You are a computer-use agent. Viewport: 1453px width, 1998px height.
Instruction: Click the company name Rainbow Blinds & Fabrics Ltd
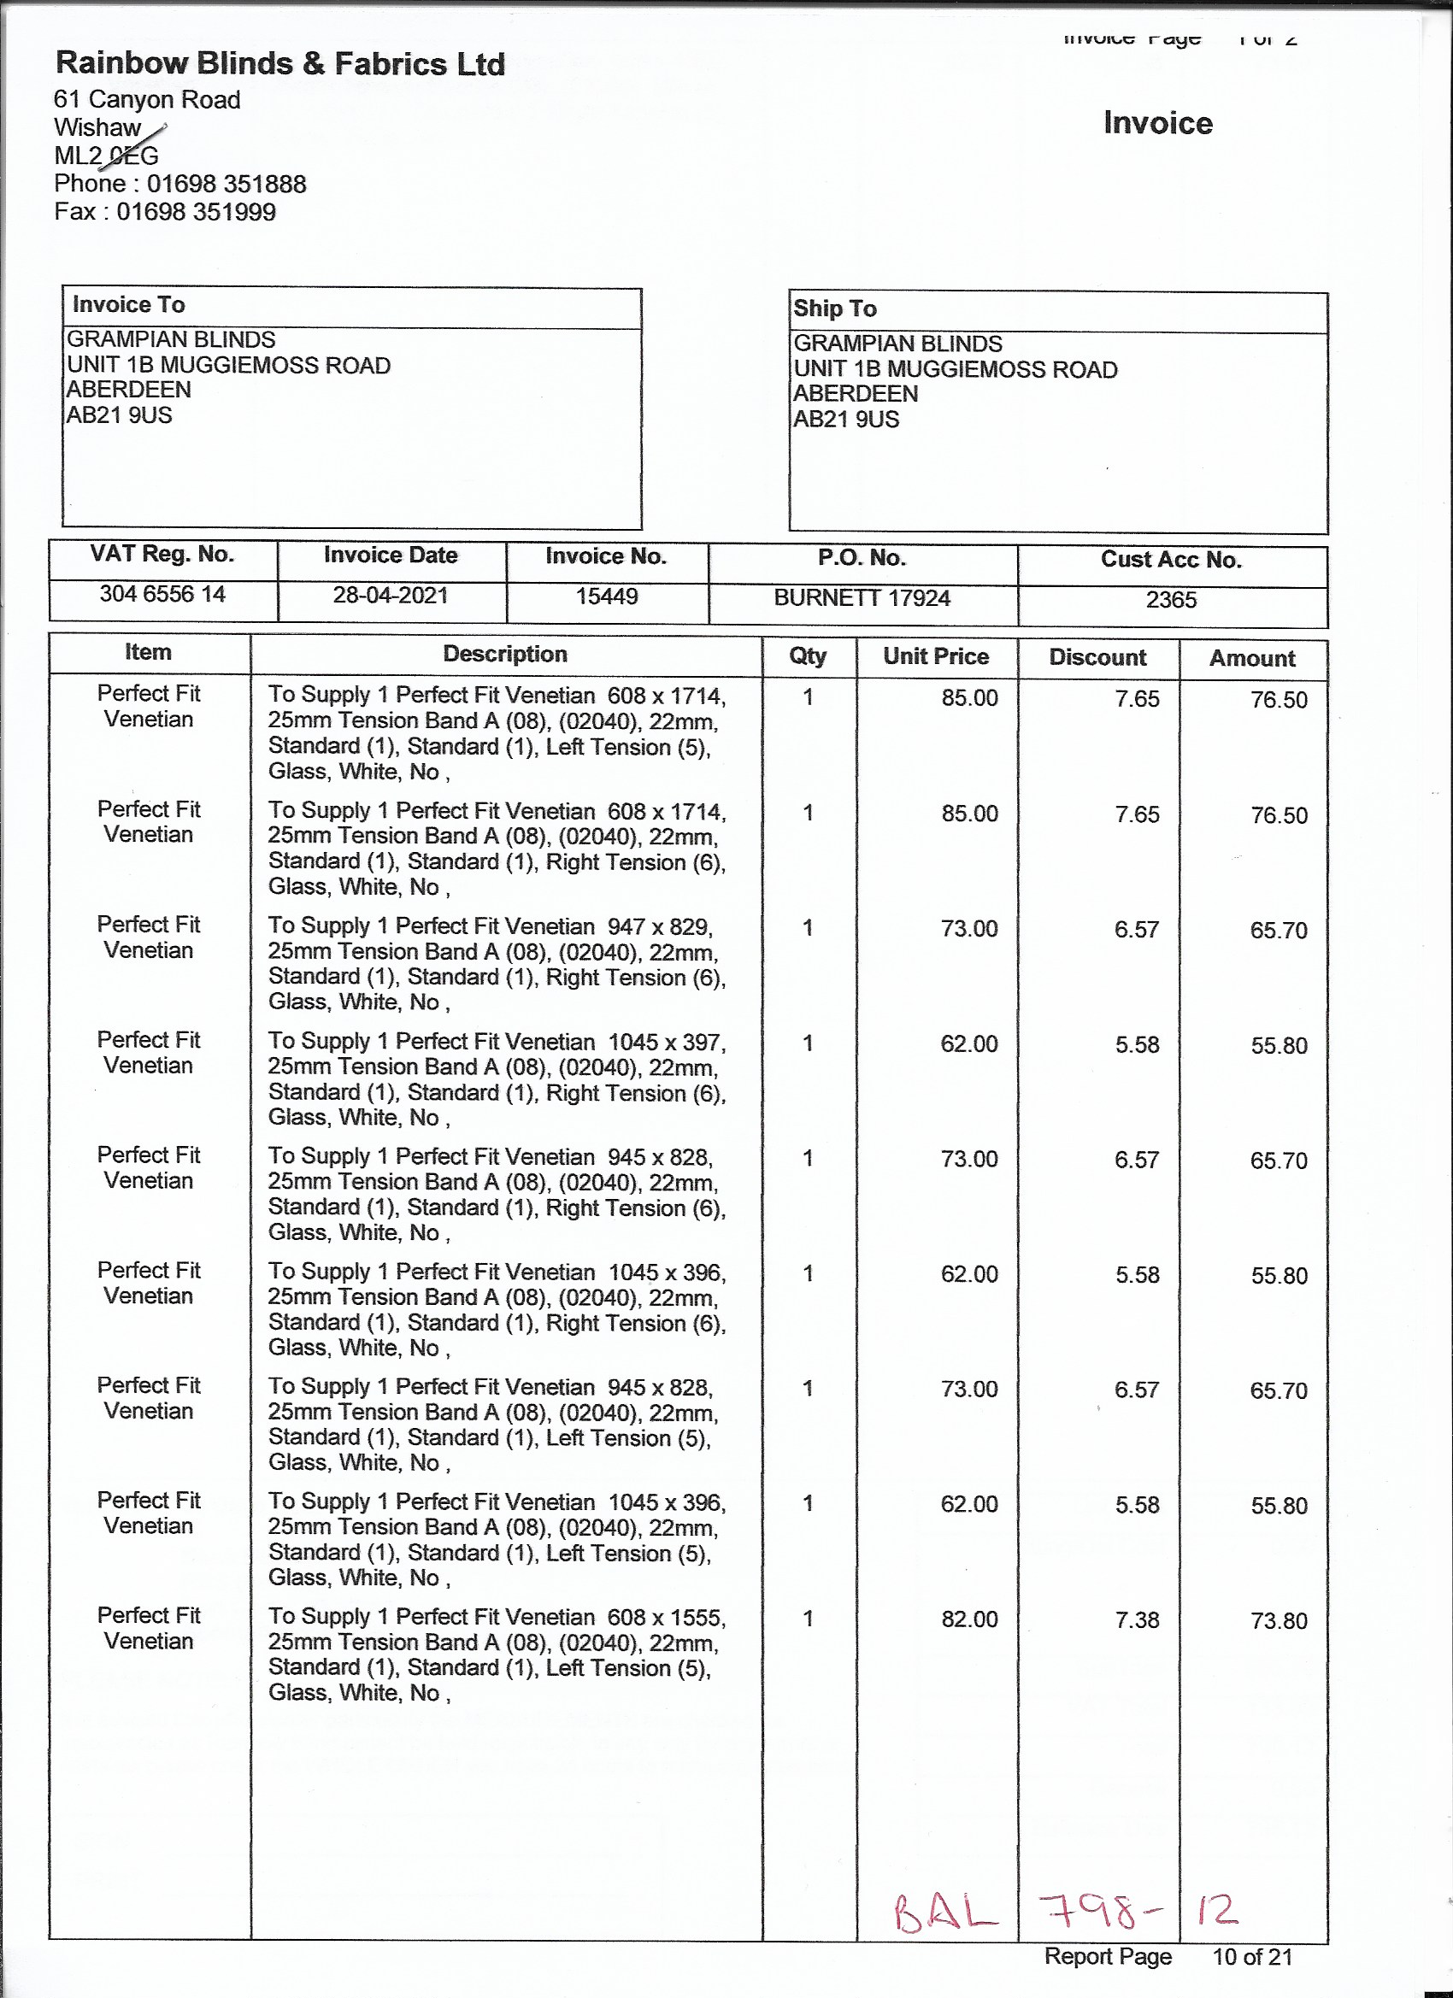(280, 63)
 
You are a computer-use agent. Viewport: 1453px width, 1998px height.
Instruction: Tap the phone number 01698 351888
(226, 184)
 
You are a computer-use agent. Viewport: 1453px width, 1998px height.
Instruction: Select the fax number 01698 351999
(196, 212)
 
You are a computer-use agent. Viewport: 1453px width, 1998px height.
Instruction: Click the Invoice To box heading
(129, 305)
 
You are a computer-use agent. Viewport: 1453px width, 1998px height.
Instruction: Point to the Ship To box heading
(834, 309)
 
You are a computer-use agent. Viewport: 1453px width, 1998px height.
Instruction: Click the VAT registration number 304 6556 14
(162, 595)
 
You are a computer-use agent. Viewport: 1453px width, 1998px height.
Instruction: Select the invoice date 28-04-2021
(391, 596)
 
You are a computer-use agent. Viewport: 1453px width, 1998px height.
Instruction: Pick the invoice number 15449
(606, 597)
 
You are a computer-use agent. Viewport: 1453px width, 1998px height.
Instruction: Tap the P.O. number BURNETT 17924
(862, 599)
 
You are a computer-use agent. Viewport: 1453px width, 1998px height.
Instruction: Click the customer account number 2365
(1171, 600)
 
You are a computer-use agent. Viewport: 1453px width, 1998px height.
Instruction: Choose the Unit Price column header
(936, 656)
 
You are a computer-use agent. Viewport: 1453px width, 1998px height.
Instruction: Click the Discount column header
(1097, 658)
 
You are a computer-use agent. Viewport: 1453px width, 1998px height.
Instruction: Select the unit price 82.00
(969, 1619)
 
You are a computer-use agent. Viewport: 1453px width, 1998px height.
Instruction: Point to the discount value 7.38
(1137, 1620)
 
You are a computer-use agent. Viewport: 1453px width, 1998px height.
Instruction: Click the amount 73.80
(1279, 1621)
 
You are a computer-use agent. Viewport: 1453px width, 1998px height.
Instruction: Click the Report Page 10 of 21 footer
(1168, 1957)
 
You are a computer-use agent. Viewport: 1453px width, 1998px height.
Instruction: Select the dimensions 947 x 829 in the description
(659, 926)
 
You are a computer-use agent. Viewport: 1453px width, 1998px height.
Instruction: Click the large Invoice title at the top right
(1158, 123)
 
